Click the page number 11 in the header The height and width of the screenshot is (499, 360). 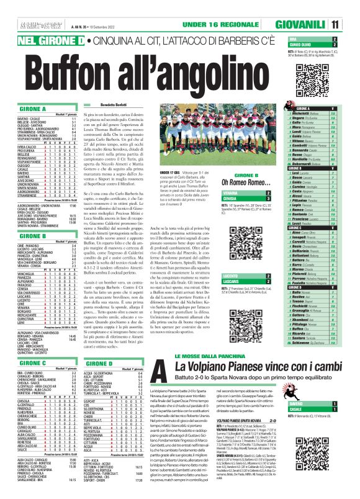coord(352,24)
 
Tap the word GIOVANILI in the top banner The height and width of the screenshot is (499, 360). coord(315,24)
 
